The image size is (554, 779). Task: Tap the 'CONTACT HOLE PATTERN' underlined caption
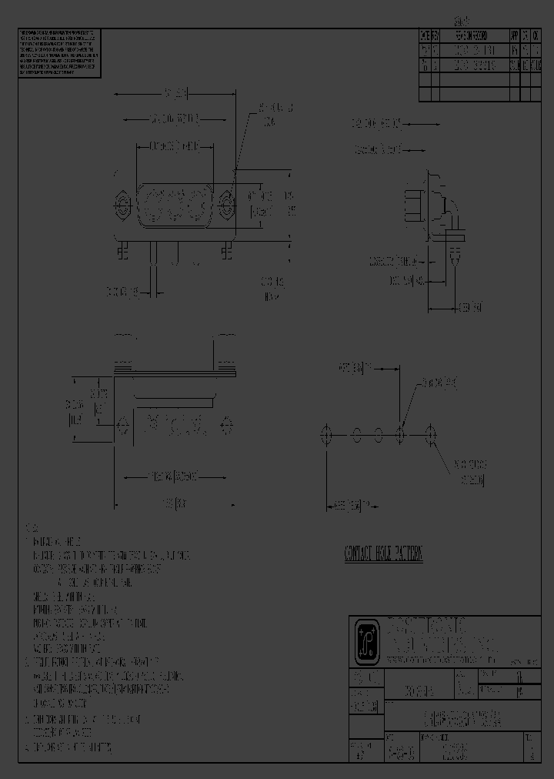pos(383,554)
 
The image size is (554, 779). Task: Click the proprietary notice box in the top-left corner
pos(58,52)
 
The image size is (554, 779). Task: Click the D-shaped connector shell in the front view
pos(174,206)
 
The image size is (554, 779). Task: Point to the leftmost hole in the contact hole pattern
pos(326,436)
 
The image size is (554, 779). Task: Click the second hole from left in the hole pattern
pos(355,436)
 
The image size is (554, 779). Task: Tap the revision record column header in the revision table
pos(469,36)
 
